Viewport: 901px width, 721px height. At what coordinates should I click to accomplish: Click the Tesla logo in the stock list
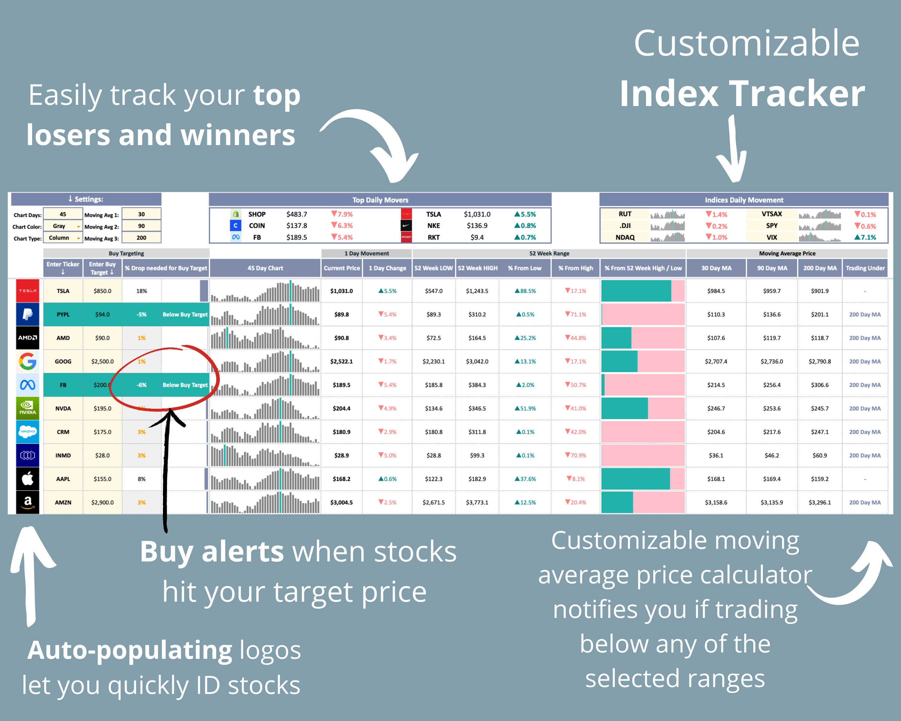click(x=28, y=291)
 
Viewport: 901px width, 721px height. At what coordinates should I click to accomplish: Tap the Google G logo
click(x=28, y=361)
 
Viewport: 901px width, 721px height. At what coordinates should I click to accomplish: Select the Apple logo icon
click(x=28, y=479)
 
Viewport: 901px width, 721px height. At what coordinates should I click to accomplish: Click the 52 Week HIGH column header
click(x=477, y=268)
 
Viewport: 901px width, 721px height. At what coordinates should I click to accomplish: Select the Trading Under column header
click(x=865, y=268)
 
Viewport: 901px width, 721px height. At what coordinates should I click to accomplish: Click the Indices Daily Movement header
click(x=744, y=200)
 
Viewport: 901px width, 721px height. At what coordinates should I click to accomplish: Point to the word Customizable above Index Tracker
click(x=746, y=44)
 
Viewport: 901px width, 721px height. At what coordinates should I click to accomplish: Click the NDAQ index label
click(x=625, y=237)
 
